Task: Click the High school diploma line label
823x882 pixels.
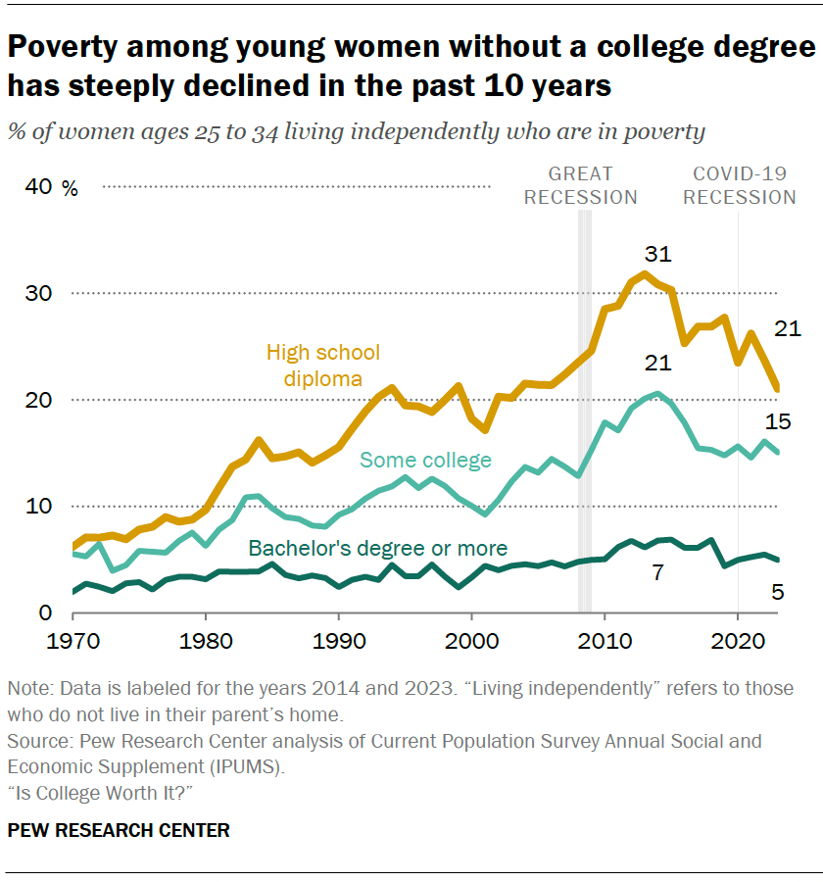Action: pos(322,365)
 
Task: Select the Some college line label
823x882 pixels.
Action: pos(425,460)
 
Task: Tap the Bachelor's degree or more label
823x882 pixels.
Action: pos(377,548)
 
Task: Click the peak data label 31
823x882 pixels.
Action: pos(657,254)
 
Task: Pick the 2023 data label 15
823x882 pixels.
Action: pos(778,422)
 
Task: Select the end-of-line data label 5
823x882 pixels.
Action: pos(778,591)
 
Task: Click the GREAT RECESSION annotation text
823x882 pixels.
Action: pos(580,185)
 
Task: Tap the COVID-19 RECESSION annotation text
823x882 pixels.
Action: pos(739,185)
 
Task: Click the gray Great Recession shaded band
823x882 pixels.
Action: pos(585,412)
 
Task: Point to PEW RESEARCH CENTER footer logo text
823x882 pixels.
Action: pos(119,830)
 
